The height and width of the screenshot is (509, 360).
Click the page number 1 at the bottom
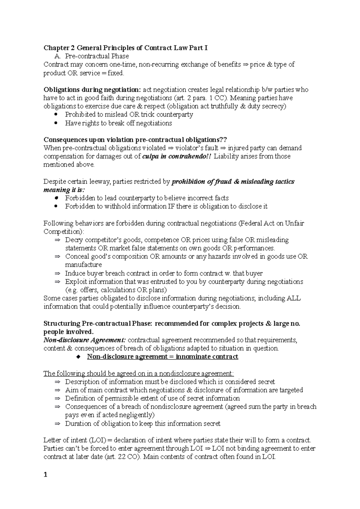[x=46, y=475]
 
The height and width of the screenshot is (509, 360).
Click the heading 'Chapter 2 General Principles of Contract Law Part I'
[x=125, y=48]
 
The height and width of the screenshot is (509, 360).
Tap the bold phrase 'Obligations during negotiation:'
[x=92, y=90]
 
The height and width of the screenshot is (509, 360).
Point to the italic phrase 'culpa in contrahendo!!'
[x=177, y=156]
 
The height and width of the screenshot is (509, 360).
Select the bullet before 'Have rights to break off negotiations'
[x=57, y=123]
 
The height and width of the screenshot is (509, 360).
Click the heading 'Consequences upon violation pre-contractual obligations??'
[x=135, y=140]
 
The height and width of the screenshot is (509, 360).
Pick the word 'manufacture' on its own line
[x=83, y=265]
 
